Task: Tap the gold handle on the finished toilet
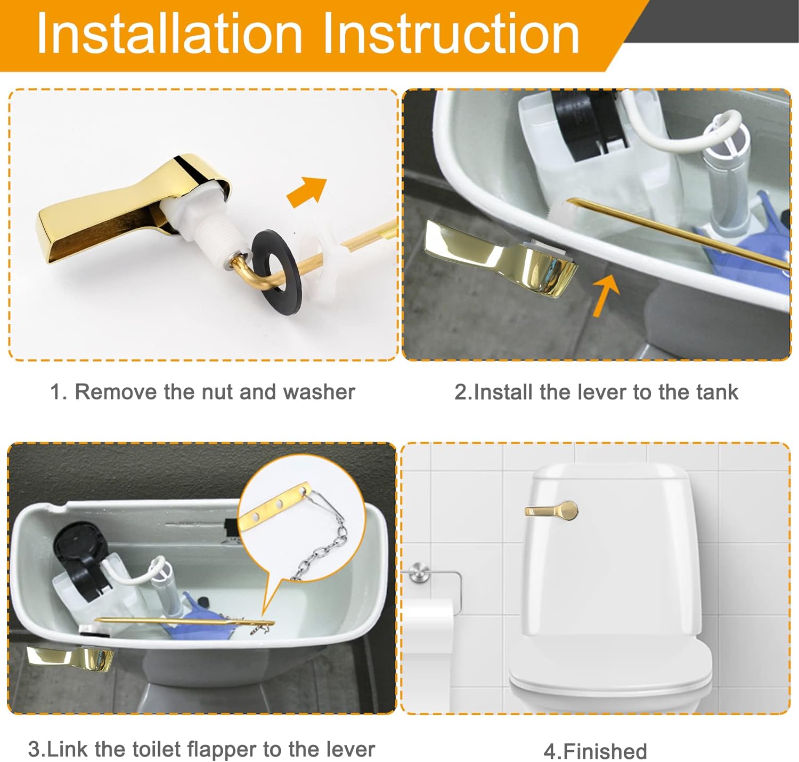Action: point(551,510)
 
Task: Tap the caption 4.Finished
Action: point(595,751)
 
